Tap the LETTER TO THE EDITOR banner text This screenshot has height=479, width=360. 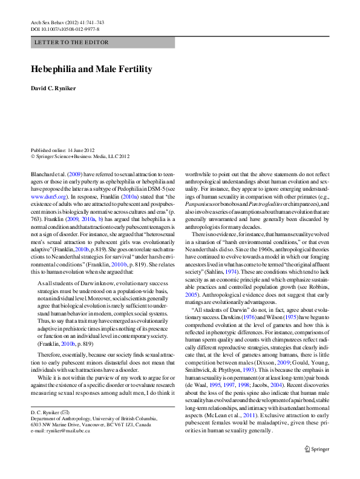[x=72, y=42]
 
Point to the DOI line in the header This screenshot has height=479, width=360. [x=65, y=28]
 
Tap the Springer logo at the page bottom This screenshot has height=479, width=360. [x=324, y=465]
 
